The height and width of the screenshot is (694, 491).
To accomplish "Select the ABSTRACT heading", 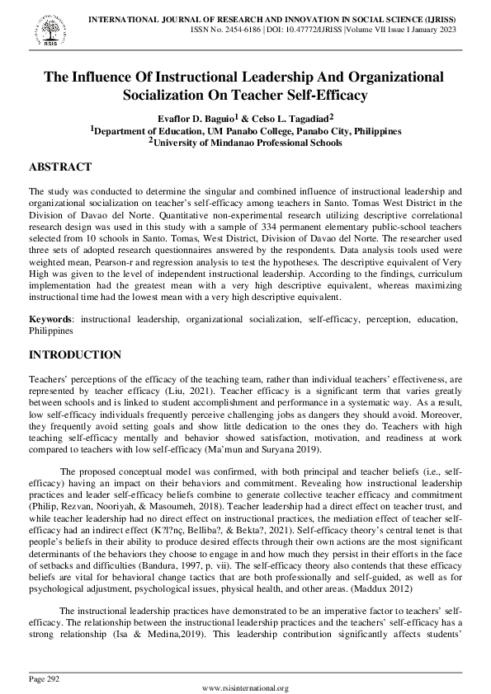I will click(59, 166).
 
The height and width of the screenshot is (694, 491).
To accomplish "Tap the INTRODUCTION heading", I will click(75, 355).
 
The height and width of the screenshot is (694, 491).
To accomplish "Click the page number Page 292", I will click(46, 678).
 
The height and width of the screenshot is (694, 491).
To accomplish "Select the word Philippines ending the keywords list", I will click(51, 330).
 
